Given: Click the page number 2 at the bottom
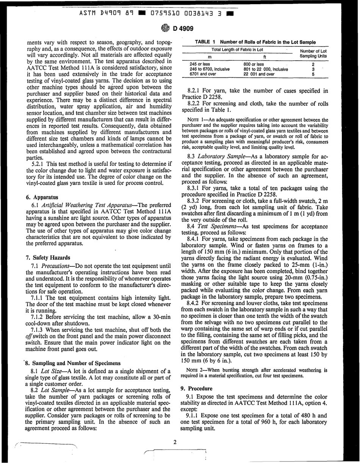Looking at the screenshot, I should (175, 442).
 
